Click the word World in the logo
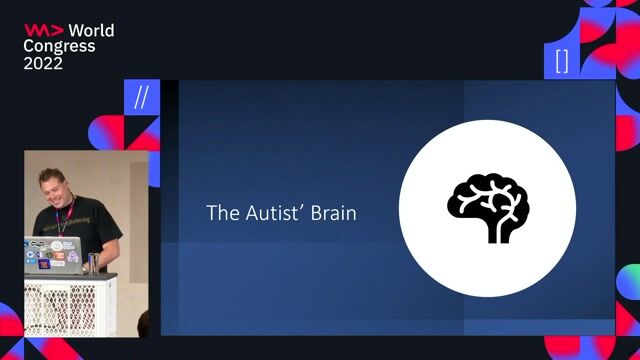91,31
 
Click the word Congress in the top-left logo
60,47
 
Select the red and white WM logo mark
44,31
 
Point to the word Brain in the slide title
334,213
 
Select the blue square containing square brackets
562,60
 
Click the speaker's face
58,191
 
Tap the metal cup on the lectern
93,263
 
